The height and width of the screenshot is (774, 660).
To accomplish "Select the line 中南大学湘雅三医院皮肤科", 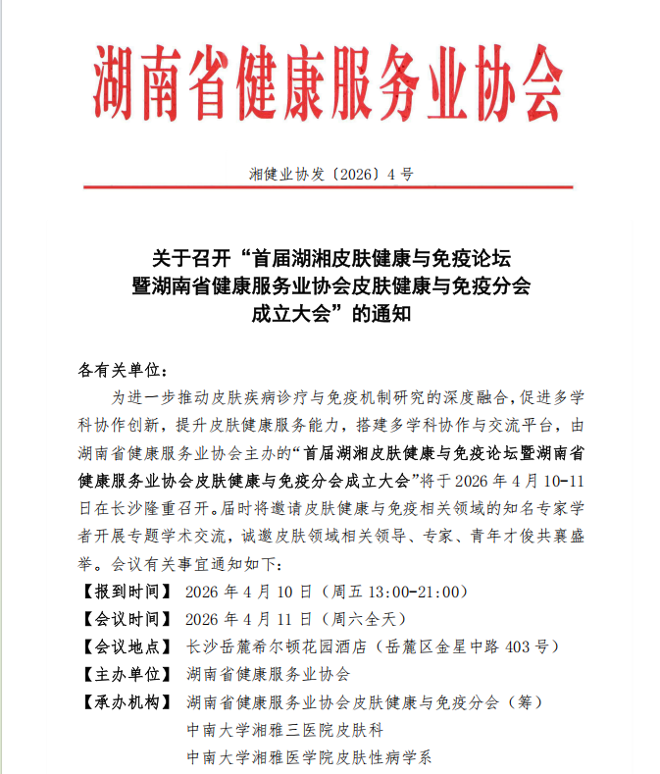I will tap(284, 730).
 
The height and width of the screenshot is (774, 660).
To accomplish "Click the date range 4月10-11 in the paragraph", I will tap(555, 482).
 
